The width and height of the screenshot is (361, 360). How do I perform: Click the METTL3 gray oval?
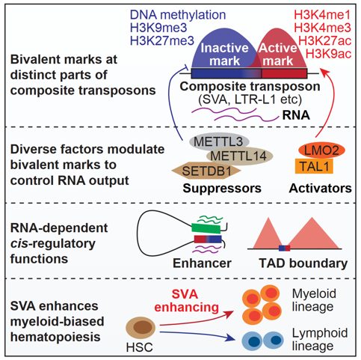click(x=219, y=141)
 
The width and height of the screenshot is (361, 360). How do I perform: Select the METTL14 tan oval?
click(x=240, y=156)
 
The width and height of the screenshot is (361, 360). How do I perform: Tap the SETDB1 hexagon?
click(x=206, y=171)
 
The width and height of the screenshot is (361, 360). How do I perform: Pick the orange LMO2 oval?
click(x=321, y=150)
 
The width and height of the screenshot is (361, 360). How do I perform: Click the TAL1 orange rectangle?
click(x=314, y=166)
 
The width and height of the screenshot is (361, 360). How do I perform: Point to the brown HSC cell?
click(x=141, y=327)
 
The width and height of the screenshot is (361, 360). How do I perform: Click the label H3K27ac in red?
click(x=325, y=40)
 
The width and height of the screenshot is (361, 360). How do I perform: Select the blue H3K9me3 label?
click(x=158, y=28)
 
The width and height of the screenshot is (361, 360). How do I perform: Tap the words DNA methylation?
click(x=178, y=15)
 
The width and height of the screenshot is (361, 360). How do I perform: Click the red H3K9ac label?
click(x=328, y=54)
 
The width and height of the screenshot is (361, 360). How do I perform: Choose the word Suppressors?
click(x=222, y=188)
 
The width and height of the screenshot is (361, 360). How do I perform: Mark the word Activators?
click(x=321, y=188)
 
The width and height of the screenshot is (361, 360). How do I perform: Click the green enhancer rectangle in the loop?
click(x=206, y=228)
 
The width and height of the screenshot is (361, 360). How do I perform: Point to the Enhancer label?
click(x=202, y=263)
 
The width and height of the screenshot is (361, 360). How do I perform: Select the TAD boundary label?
click(x=303, y=263)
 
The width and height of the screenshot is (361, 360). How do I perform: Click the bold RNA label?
click(x=296, y=115)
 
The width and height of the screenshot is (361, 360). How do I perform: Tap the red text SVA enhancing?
click(x=186, y=301)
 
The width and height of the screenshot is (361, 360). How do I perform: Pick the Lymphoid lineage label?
click(x=320, y=339)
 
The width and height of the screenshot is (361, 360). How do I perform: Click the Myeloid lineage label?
click(x=314, y=300)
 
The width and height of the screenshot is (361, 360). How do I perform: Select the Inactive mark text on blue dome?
click(x=224, y=55)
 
